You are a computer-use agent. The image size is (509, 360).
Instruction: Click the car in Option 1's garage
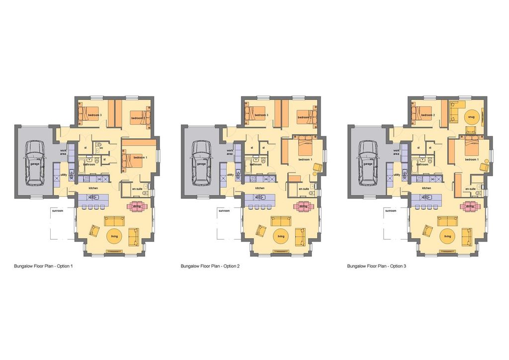[36, 161]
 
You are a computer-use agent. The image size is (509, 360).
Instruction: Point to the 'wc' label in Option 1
[101, 148]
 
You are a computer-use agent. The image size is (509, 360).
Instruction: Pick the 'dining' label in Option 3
[469, 206]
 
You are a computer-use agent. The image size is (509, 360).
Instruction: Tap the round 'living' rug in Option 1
[114, 236]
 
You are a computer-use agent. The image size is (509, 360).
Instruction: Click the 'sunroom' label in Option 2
[224, 211]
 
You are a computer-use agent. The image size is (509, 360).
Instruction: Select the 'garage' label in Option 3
[368, 164]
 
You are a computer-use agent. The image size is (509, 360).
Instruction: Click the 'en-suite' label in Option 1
[138, 189]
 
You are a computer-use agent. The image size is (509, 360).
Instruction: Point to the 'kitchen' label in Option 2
[259, 188]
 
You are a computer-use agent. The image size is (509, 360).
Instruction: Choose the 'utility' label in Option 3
[396, 175]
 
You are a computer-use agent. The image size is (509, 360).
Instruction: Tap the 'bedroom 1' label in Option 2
[305, 159]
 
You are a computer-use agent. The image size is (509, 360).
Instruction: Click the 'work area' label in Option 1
[64, 152]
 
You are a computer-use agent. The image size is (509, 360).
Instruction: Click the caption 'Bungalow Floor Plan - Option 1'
[44, 267]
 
